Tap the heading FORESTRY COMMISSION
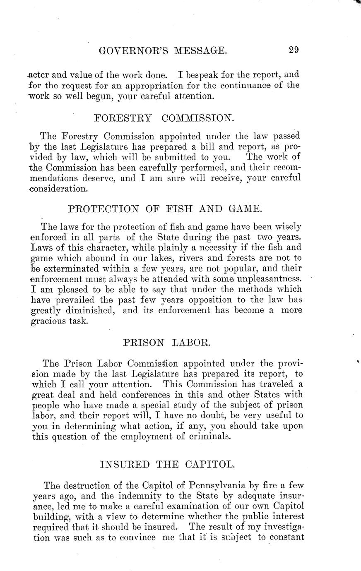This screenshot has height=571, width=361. pos(164,118)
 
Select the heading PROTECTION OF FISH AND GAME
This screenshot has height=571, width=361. pos(165,209)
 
